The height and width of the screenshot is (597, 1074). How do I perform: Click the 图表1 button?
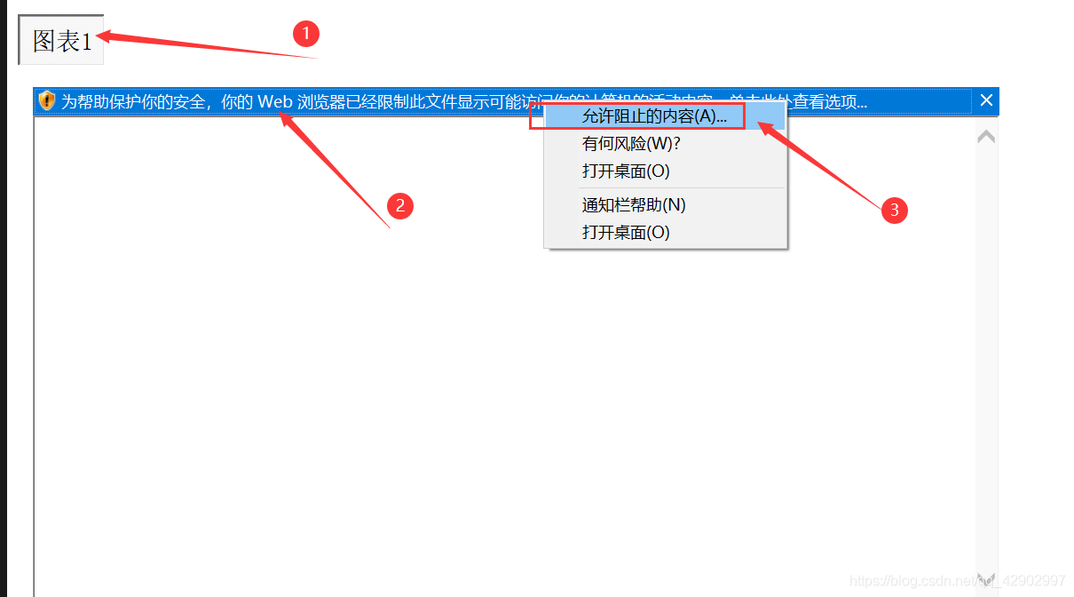pyautogui.click(x=61, y=40)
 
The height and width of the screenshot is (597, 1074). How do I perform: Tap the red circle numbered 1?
pyautogui.click(x=305, y=34)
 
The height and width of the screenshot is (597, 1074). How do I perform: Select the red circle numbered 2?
pyautogui.click(x=400, y=206)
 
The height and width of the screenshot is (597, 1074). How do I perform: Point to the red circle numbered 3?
pyautogui.click(x=894, y=210)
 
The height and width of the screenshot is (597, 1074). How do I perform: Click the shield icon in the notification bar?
pyautogui.click(x=47, y=101)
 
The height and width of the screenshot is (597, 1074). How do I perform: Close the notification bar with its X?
pyautogui.click(x=986, y=100)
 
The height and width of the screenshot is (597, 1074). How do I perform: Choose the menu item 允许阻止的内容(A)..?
pyautogui.click(x=654, y=116)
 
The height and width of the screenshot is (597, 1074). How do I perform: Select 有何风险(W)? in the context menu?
pyautogui.click(x=631, y=144)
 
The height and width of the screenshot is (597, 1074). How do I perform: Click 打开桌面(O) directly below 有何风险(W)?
pyautogui.click(x=626, y=171)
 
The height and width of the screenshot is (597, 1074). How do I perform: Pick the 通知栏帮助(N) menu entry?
pyautogui.click(x=634, y=205)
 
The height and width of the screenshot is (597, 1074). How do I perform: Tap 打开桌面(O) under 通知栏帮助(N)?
pyautogui.click(x=626, y=233)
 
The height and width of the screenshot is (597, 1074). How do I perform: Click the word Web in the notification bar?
pyautogui.click(x=275, y=102)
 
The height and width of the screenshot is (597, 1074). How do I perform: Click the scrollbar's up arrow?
pyautogui.click(x=985, y=137)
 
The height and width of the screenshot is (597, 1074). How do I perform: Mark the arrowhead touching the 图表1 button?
pyautogui.click(x=103, y=36)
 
